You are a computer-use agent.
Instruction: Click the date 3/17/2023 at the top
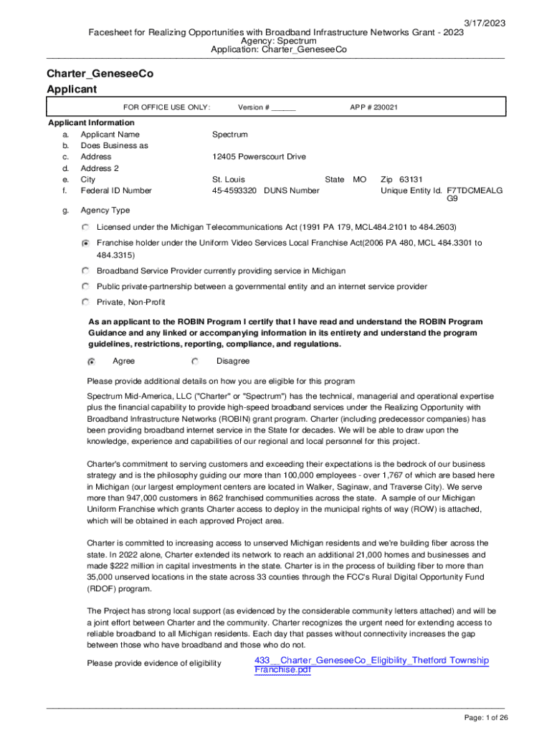pos(484,24)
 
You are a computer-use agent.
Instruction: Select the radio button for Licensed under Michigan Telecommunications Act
pos(86,227)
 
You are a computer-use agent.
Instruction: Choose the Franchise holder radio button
pos(86,243)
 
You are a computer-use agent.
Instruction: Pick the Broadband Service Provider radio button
pos(86,271)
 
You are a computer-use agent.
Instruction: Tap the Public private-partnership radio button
pos(86,286)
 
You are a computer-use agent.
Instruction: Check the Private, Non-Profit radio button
pos(86,301)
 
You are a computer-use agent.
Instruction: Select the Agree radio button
pos(91,361)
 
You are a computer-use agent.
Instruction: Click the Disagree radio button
pos(195,361)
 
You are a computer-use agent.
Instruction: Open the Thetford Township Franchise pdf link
pos(371,665)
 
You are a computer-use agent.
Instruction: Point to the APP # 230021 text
pos(373,107)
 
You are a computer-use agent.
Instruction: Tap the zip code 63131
pos(411,180)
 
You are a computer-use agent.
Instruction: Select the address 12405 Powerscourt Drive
pos(259,157)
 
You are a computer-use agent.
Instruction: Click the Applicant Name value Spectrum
pos(229,135)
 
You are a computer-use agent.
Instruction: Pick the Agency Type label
pos(105,210)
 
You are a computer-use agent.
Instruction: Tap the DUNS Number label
pos(292,191)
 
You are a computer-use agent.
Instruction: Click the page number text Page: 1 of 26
pos(486,718)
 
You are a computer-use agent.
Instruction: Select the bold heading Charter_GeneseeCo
pos(100,74)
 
